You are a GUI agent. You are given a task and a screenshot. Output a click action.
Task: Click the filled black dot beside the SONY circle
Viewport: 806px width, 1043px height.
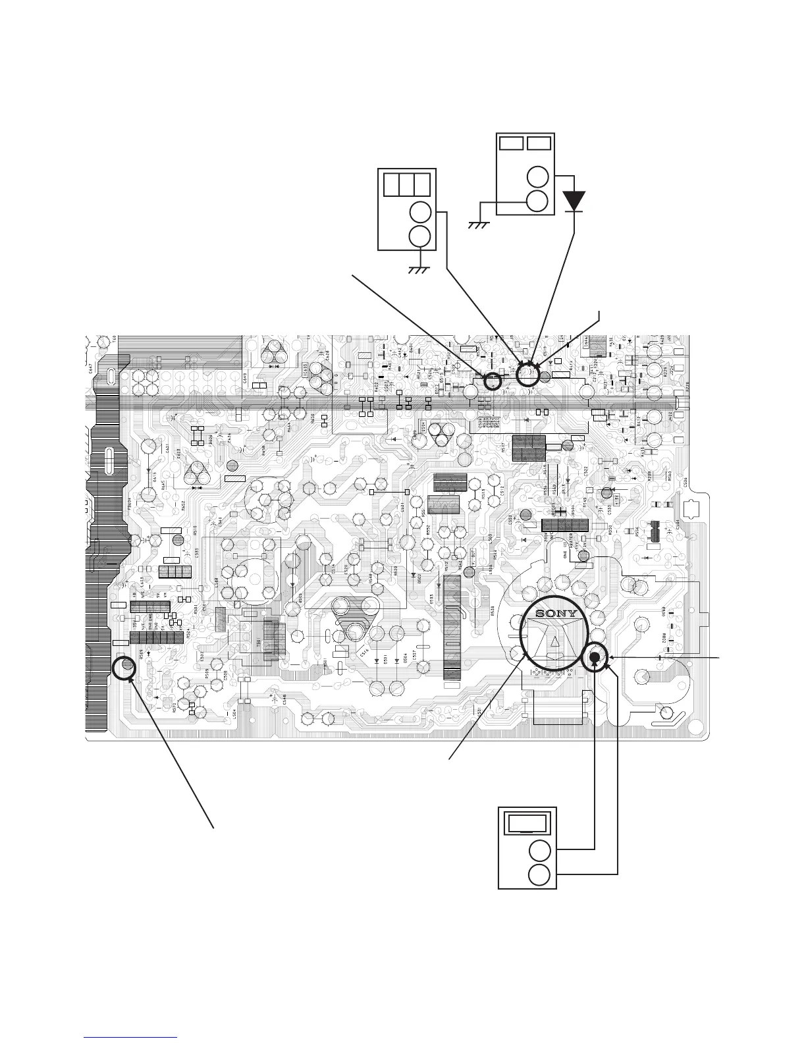595,656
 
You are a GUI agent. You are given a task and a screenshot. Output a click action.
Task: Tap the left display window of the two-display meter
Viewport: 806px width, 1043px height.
511,143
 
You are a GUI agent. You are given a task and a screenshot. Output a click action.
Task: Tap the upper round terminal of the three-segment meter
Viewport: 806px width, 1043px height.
419,212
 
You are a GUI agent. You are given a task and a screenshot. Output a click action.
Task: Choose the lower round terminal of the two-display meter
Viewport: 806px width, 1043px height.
538,201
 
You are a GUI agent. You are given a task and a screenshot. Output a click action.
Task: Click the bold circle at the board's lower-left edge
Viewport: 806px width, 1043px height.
123,668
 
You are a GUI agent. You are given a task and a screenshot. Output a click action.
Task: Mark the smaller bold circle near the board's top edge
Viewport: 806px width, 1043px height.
492,381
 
